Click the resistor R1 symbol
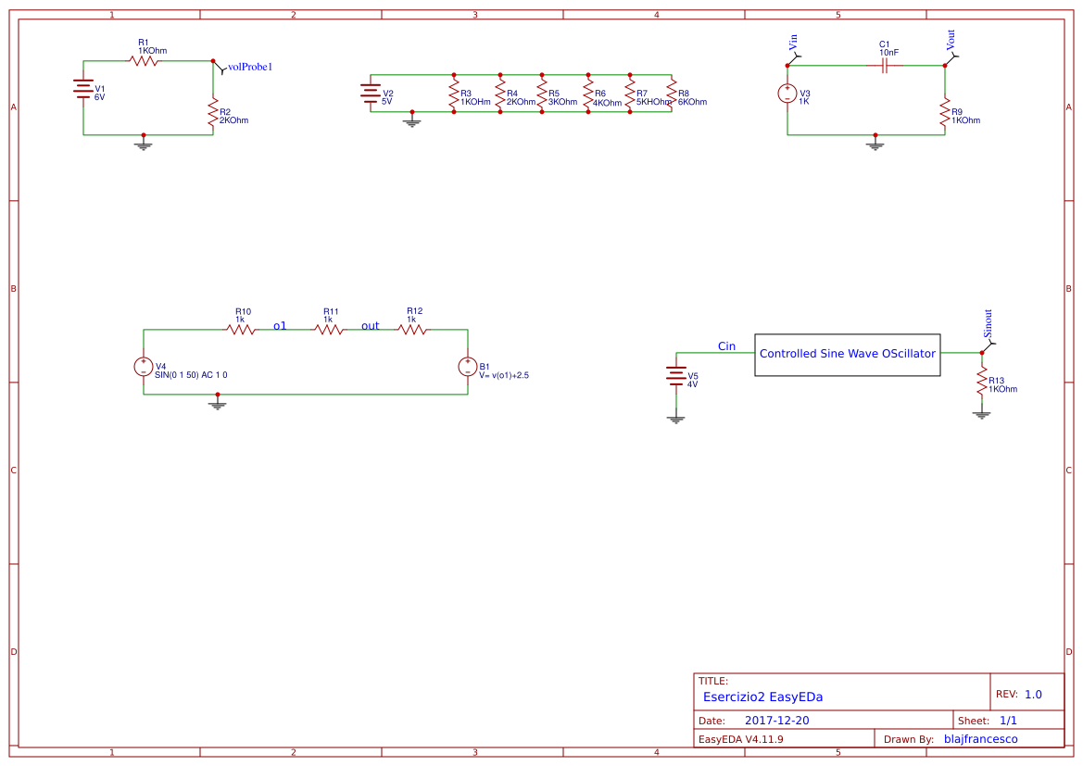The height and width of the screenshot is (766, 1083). pos(144,60)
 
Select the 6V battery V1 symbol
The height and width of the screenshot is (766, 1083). pos(83,89)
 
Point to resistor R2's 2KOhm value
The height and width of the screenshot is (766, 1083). pos(233,120)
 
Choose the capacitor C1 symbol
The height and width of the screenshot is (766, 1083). pos(886,65)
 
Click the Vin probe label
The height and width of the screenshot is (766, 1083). pos(793,42)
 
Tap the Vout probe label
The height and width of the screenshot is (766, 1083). pos(951,40)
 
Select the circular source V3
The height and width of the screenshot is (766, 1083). pos(787,94)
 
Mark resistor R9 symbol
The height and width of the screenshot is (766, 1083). pos(945,112)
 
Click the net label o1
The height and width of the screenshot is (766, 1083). pos(280,326)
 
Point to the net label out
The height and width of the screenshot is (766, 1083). pos(371,326)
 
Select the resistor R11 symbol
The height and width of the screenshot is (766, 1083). pos(329,330)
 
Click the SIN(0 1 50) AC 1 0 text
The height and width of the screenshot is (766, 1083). pos(191,375)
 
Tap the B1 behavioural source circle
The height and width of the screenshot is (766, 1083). pos(468,367)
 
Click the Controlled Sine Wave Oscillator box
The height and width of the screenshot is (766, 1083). pos(847,354)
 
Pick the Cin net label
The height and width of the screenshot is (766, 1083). pos(726,346)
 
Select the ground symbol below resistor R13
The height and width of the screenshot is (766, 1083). pos(982,414)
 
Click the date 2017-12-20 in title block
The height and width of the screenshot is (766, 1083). pos(776,721)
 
